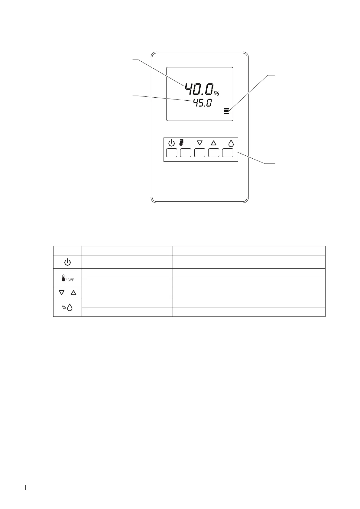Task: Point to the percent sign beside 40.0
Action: [216, 93]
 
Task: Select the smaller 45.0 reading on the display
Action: [203, 103]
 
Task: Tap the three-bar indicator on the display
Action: [226, 111]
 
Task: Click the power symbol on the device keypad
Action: [171, 143]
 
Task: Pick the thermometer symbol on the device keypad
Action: [181, 143]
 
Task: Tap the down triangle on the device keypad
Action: [199, 143]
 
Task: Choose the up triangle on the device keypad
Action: [214, 143]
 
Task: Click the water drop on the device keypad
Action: [231, 143]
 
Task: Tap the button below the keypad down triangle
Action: [199, 153]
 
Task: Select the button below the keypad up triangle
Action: [214, 153]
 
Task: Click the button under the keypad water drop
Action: [228, 153]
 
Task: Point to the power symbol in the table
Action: [67, 262]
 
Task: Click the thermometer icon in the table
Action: [63, 278]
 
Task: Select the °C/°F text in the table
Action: [70, 280]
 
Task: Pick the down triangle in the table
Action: [62, 293]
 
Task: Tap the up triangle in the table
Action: [73, 293]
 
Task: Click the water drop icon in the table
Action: [70, 307]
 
